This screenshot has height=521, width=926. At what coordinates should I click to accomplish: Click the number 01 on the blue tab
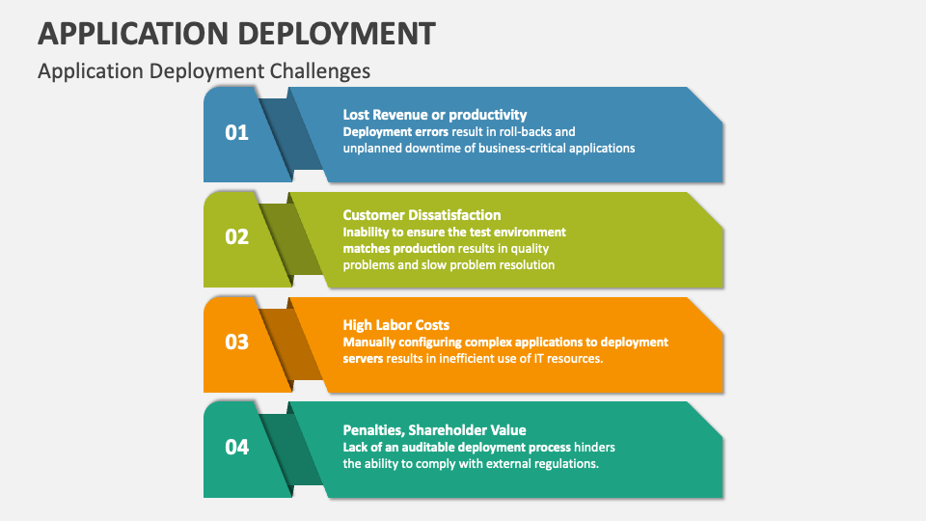point(236,132)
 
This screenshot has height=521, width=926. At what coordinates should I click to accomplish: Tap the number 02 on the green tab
point(236,236)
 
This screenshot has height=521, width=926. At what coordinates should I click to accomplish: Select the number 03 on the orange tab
point(236,342)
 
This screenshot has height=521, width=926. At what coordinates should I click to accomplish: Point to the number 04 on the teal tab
point(236,447)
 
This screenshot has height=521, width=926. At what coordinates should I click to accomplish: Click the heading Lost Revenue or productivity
point(434,115)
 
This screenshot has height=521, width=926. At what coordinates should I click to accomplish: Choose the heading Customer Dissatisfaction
point(422,215)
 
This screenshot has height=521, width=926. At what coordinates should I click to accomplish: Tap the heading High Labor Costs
point(395,325)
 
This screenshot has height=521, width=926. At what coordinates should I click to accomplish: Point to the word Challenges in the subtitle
point(322,71)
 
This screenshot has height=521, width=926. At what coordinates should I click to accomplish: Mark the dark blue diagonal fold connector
point(289,135)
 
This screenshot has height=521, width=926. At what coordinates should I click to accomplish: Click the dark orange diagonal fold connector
point(289,344)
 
